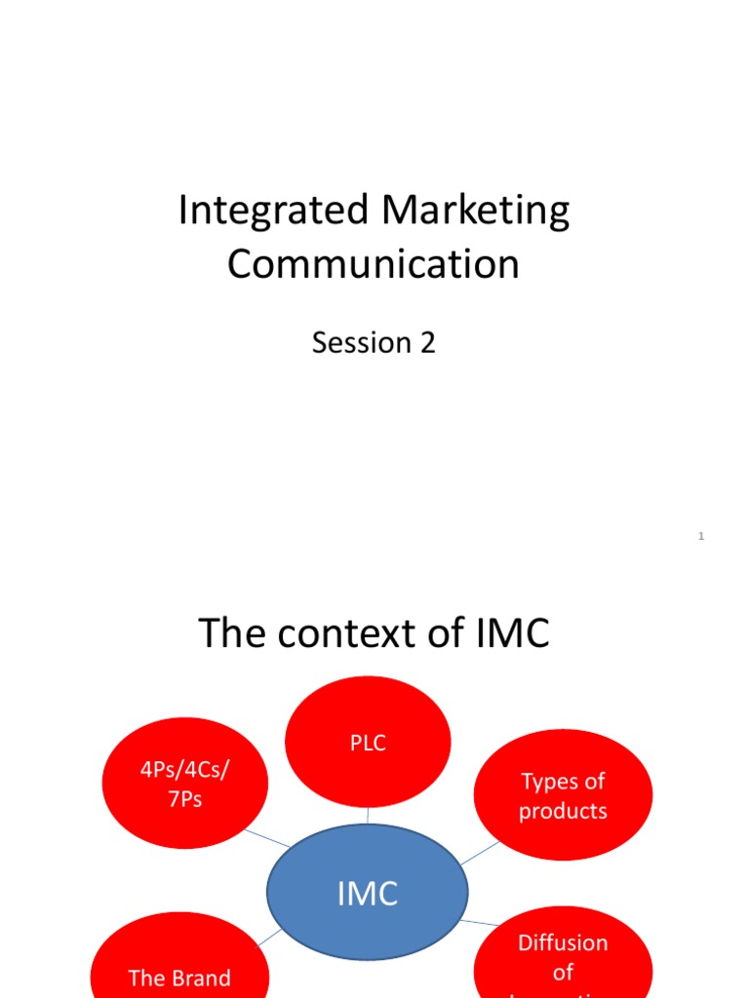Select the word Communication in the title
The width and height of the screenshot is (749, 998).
coord(374,264)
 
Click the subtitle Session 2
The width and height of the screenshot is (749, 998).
coord(374,343)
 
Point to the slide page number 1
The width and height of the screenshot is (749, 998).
coord(701,537)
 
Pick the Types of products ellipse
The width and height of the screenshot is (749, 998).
coord(563,795)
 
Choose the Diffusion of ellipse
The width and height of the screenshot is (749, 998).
coord(563,960)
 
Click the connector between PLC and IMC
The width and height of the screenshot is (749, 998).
coord(368,817)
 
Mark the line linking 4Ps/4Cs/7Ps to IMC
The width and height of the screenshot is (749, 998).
coord(266,837)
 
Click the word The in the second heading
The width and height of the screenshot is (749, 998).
coord(232,634)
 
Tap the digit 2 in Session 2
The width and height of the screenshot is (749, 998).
coord(427,343)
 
